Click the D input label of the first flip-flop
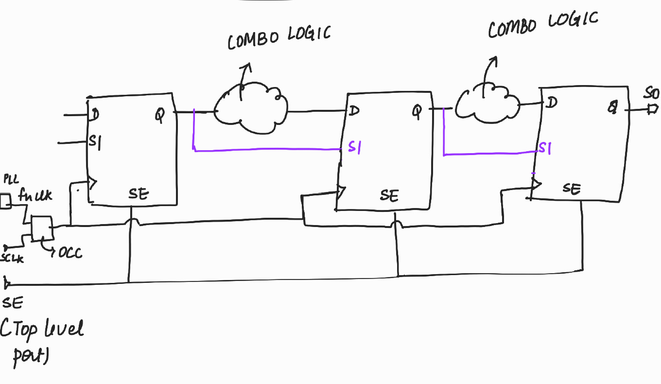coord(95,115)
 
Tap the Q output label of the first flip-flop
coord(160,115)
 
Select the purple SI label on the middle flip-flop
coord(354,148)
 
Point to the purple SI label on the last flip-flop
coord(545,148)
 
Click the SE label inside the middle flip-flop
coord(389,195)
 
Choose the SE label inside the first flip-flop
coord(139,194)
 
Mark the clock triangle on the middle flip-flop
coord(341,193)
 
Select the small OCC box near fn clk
coord(41,228)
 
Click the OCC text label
coord(70,253)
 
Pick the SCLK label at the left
coord(12,259)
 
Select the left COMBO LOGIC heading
coord(279,37)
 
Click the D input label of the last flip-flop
coord(551,103)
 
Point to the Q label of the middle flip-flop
coord(417,112)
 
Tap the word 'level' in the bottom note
coord(64,329)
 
